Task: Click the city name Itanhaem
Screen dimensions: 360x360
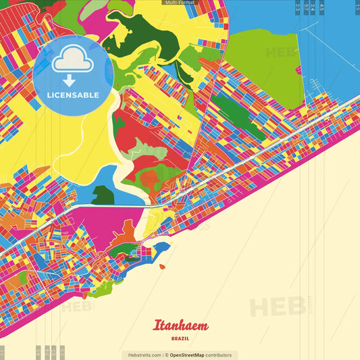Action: [180, 326]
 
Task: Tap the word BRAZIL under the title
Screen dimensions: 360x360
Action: [180, 338]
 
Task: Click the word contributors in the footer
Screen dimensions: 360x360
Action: [219, 355]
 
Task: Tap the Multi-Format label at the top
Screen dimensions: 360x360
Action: [180, 3]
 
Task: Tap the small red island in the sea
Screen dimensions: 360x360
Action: [162, 267]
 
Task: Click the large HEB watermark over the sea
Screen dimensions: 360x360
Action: [277, 307]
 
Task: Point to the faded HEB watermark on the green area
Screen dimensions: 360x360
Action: [280, 53]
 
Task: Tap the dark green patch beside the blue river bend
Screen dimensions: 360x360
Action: [103, 196]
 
